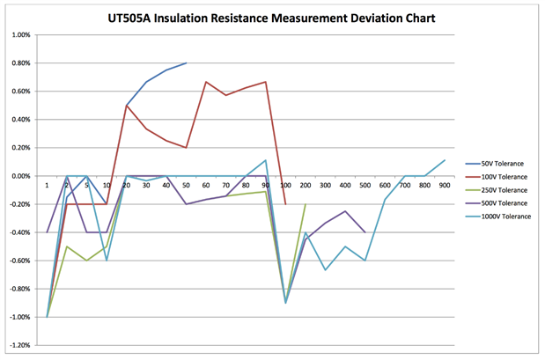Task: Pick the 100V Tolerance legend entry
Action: click(x=504, y=176)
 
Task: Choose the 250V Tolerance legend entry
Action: click(x=504, y=189)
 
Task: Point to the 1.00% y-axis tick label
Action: click(x=19, y=35)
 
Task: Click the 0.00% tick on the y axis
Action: click(x=19, y=176)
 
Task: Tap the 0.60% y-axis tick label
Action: click(x=19, y=92)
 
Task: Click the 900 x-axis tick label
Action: click(x=445, y=185)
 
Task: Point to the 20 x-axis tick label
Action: click(x=127, y=185)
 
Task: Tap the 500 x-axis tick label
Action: click(x=365, y=185)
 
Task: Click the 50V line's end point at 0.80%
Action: click(x=186, y=63)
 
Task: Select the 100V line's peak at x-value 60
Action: click(x=206, y=82)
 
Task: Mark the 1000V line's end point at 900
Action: click(x=445, y=160)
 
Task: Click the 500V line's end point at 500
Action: click(x=365, y=232)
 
